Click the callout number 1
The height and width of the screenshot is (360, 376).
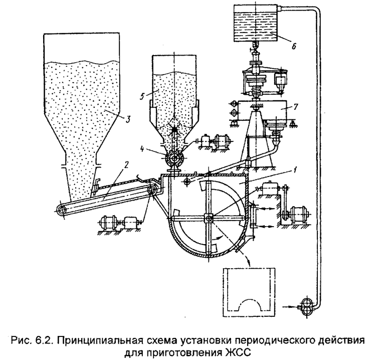[295, 171]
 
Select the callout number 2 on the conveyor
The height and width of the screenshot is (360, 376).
[127, 165]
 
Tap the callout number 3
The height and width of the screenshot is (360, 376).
[128, 119]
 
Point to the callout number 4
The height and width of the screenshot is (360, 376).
[142, 149]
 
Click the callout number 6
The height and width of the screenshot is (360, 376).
[294, 46]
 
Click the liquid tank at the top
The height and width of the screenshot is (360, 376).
[256, 23]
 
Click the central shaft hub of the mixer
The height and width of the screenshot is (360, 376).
[209, 218]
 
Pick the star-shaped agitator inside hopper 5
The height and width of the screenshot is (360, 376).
[175, 129]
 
